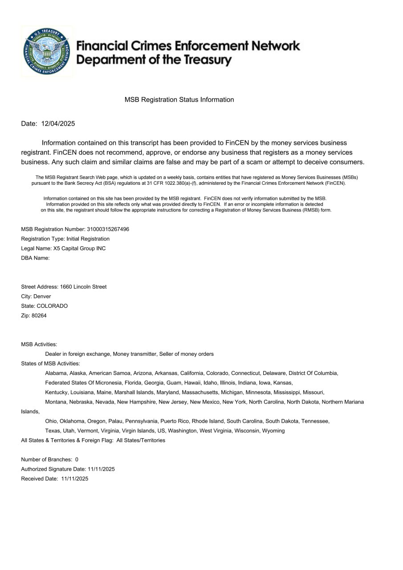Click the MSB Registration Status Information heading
coord(179,100)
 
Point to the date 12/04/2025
coord(58,124)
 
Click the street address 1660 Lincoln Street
coord(83,287)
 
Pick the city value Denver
coord(42,297)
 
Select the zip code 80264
coord(39,316)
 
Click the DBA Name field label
coord(35,258)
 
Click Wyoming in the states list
coord(273,431)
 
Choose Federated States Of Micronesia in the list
coord(83,383)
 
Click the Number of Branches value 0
coord(77,460)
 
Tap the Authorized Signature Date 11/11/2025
coord(102,469)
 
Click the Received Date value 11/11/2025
coord(75,479)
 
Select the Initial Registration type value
coord(88,239)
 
